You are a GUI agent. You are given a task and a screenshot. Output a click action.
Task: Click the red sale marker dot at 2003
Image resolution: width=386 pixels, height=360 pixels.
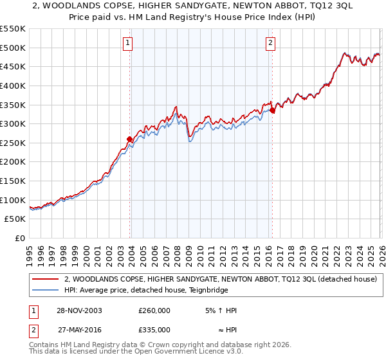[130, 138]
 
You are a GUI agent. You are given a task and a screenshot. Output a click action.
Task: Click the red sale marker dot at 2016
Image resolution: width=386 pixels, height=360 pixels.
[272, 110]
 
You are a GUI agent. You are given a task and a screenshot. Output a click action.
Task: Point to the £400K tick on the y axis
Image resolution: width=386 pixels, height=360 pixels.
[13, 85]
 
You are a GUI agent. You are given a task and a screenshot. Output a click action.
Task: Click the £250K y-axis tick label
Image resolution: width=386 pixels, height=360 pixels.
[13, 143]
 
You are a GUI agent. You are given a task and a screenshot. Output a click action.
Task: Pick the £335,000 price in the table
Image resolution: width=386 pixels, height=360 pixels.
[154, 329]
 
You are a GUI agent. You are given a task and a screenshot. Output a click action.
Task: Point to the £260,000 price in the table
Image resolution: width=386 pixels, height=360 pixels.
[154, 310]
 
